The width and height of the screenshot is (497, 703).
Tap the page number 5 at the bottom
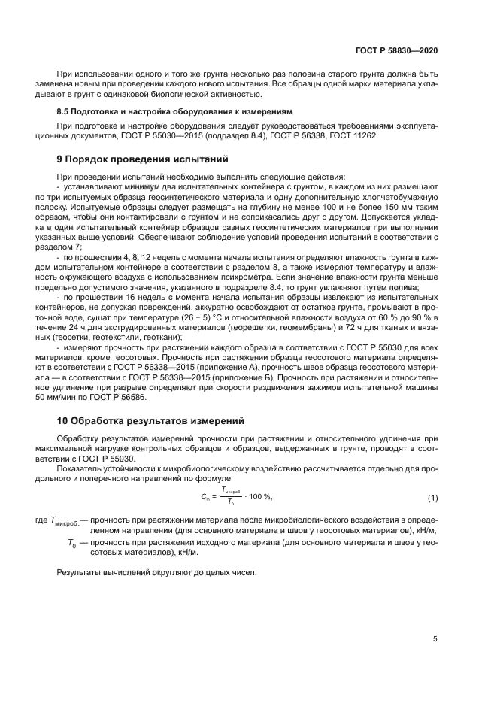[x=435, y=639]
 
